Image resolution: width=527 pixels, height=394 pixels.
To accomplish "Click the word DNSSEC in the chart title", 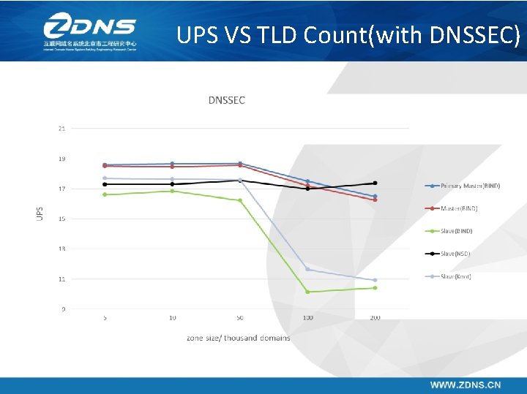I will pos(226,100).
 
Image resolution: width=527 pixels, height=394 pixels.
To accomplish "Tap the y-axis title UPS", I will pos(40,213).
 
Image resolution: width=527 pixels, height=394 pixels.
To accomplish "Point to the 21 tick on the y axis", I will pos(61,129).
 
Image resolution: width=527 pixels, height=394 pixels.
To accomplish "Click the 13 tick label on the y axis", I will pos(61,249).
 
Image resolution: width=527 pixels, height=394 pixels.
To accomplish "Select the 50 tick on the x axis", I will pos(240,318).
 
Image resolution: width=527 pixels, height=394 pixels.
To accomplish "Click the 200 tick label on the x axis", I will pos(375,318).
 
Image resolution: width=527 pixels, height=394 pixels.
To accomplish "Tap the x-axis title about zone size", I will pos(238,338).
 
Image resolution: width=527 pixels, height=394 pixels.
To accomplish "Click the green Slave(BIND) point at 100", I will pos(307,292).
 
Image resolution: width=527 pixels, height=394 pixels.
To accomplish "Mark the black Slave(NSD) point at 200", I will pos(375,183).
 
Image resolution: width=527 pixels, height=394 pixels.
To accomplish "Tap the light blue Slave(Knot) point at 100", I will pos(307,270).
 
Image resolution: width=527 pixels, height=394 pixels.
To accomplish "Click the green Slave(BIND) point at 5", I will pos(105,194).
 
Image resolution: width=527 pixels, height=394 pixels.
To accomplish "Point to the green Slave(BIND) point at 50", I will pos(240,200).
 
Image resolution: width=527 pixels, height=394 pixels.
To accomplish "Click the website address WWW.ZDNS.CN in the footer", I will pos(466,384).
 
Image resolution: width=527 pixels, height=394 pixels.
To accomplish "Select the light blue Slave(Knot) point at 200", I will pos(375,280).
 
